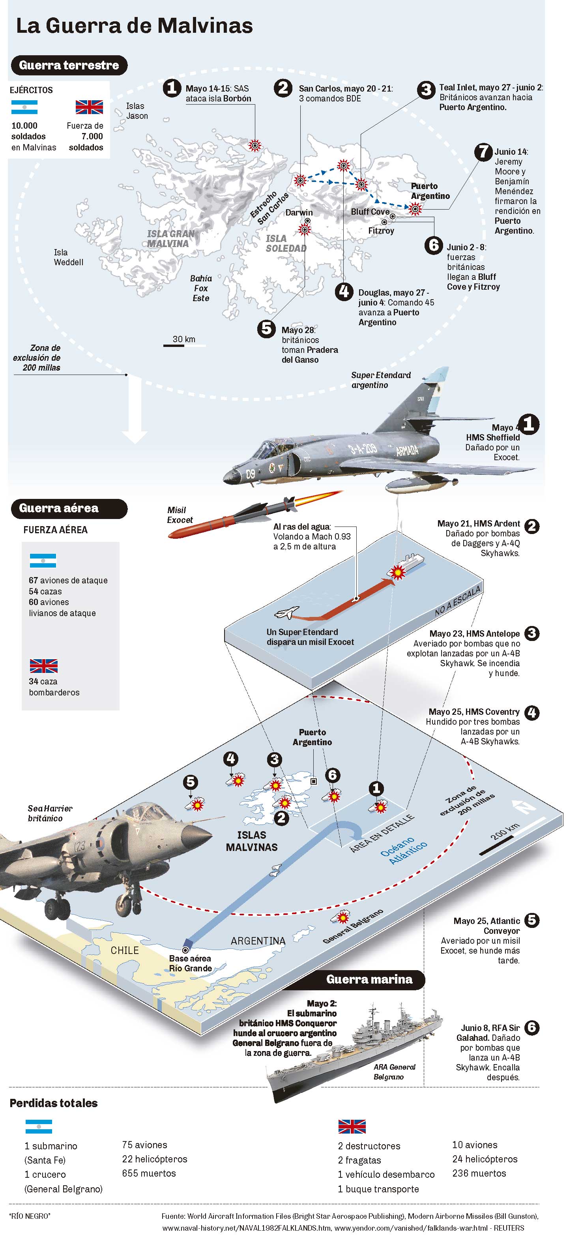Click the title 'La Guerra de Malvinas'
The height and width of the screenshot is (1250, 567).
135,26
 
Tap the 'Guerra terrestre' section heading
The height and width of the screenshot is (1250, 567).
69,66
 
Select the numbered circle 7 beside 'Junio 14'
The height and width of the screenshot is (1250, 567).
483,152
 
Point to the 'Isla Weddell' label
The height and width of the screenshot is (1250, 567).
68,257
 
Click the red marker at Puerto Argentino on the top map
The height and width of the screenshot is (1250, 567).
415,209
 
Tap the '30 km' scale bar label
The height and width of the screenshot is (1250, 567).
184,339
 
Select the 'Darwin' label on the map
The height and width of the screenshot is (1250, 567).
299,212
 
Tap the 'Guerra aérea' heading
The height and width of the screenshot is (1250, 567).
59,508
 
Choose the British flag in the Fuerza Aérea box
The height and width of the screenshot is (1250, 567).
44,666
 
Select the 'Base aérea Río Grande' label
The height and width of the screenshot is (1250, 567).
190,963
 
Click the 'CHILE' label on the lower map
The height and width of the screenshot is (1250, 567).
125,950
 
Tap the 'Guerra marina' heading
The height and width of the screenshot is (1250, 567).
369,979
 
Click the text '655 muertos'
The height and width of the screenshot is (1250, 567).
149,1173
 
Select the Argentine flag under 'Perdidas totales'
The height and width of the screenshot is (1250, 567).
38,1126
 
